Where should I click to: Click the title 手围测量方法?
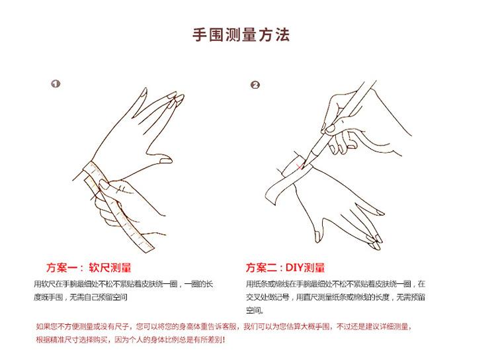click(241, 34)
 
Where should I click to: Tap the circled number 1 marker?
click(56, 84)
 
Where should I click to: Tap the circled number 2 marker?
click(255, 85)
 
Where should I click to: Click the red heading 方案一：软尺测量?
click(89, 268)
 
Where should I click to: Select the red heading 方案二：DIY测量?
click(285, 268)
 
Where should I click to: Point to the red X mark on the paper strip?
click(299, 166)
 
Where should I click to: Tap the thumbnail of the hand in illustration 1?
click(166, 161)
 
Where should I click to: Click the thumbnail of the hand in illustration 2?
click(317, 236)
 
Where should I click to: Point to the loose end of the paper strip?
click(271, 195)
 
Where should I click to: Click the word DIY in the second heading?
click(294, 268)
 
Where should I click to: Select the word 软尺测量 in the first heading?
click(110, 268)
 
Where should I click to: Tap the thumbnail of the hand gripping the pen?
click(329, 128)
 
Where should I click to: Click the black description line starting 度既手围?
click(81, 297)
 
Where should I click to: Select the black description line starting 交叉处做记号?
click(335, 297)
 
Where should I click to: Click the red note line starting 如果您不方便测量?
click(224, 326)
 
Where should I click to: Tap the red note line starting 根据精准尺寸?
click(131, 339)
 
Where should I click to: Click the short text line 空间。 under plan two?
click(255, 310)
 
